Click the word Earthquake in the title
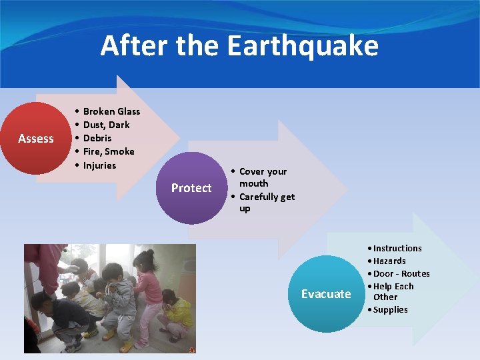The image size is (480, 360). coord(303,47)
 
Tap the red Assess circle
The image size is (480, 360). coord(36,139)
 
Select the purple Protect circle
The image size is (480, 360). coord(191,188)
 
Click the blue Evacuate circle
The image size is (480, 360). coord(326,294)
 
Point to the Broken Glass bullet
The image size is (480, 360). coord(111,111)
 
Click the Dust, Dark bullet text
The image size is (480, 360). coord(106,125)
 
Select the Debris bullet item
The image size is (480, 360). coord(97,138)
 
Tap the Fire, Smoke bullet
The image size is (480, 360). coord(109,151)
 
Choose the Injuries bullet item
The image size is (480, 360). coord(99,165)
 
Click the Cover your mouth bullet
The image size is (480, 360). coord(262,177)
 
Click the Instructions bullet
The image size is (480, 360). coord(397,248)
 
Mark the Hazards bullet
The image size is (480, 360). coord(389,261)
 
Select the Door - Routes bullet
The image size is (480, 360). coord(401,273)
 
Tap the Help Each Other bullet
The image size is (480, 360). coord(393,291)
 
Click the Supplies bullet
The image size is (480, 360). coord(390,309)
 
